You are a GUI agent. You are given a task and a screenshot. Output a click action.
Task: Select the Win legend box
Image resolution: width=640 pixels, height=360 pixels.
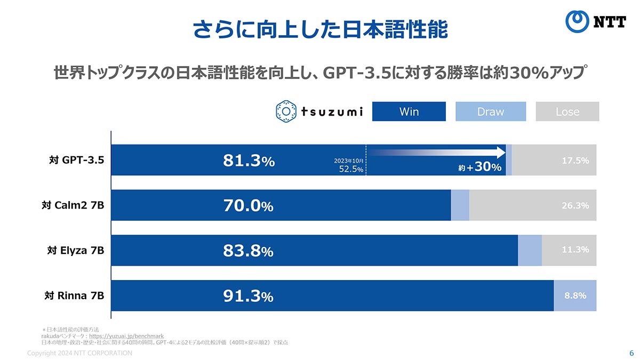409,111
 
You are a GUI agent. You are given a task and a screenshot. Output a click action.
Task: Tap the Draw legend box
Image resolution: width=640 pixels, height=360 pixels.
490,111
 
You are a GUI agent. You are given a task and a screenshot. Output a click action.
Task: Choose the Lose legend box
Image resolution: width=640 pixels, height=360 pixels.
567,111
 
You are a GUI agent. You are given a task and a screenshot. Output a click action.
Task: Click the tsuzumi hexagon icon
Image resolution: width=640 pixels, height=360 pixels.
286,111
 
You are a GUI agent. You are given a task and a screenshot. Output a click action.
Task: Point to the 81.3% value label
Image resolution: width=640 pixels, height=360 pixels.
249,161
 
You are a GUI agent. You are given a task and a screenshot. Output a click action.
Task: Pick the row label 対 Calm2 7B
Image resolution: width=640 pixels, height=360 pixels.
73,205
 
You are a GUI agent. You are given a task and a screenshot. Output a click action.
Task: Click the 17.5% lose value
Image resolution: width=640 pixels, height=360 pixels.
575,160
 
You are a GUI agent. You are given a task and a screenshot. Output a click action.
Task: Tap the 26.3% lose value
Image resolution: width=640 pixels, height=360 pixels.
575,205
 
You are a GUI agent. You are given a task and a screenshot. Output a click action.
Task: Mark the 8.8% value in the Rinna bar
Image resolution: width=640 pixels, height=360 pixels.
575,295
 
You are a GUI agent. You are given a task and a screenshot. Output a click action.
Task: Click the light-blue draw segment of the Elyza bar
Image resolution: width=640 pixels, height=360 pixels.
530,250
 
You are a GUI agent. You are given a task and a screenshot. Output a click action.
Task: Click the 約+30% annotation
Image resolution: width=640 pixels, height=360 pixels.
480,167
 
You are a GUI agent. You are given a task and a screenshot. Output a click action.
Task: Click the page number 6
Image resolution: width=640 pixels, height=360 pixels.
631,353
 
